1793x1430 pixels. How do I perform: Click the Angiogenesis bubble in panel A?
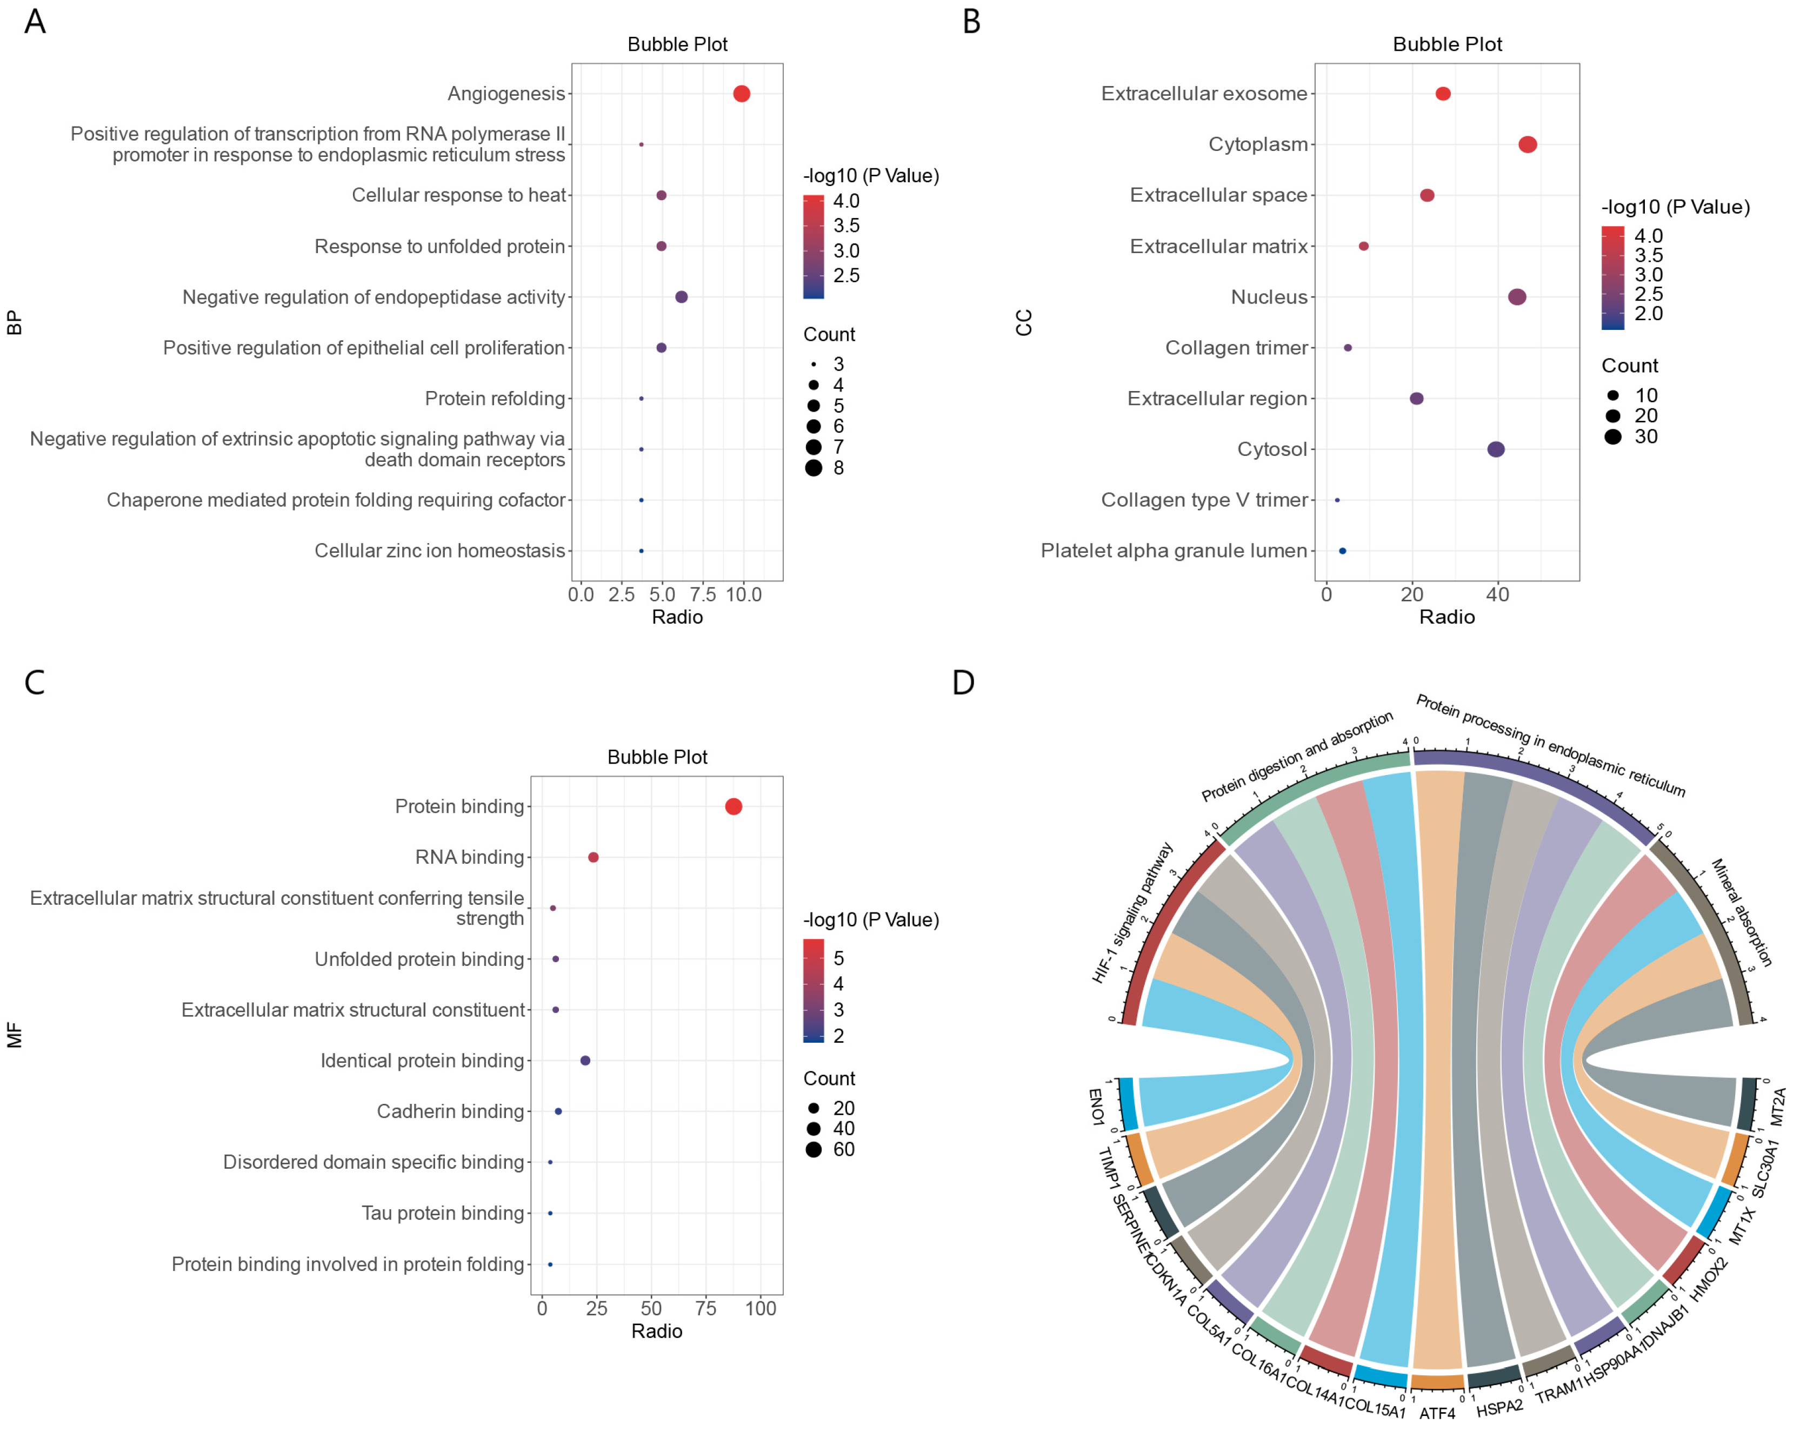[741, 94]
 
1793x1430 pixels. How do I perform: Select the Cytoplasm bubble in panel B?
[1527, 145]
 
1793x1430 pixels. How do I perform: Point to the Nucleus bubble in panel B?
[1516, 297]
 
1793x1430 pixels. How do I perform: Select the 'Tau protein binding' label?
[442, 1213]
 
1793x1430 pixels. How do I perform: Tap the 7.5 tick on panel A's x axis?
[703, 595]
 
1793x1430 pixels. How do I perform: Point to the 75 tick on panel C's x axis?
[705, 1308]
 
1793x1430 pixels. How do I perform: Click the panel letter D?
[963, 683]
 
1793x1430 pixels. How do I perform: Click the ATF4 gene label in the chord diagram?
[1437, 1413]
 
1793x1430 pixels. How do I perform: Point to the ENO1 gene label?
[1096, 1107]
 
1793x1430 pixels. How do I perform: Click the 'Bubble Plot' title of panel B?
[1447, 44]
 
